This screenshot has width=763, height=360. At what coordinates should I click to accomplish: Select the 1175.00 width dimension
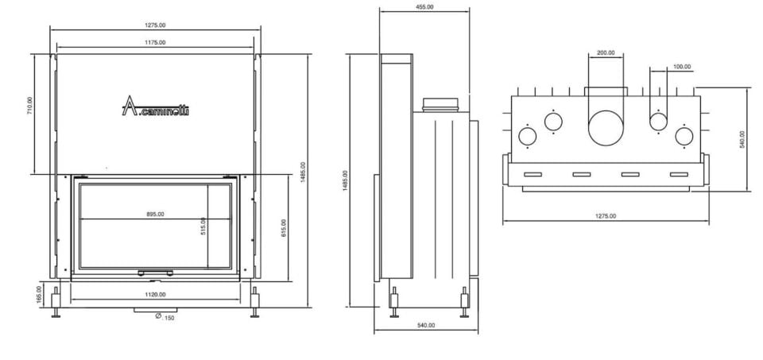click(155, 42)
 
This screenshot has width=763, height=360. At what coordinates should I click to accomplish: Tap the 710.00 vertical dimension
click(30, 106)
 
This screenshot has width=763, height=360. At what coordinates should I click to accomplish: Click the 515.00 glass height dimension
click(203, 226)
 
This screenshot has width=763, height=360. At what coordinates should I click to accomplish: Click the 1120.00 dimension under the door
click(155, 295)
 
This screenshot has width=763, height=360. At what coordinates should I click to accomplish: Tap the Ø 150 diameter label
click(165, 317)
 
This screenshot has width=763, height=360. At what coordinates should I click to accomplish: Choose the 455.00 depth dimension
click(424, 7)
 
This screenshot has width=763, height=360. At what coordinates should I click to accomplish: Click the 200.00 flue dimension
click(606, 53)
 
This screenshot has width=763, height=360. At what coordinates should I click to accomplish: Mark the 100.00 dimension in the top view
click(681, 67)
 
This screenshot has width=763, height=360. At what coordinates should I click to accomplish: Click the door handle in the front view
click(155, 273)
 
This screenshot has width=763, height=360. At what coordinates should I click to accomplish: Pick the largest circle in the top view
click(606, 127)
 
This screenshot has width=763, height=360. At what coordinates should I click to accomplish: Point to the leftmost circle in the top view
click(528, 136)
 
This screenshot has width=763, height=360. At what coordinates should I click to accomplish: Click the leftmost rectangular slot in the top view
click(532, 174)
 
